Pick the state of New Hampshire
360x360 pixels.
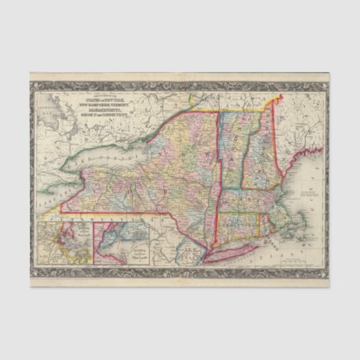click(x=259, y=153)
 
